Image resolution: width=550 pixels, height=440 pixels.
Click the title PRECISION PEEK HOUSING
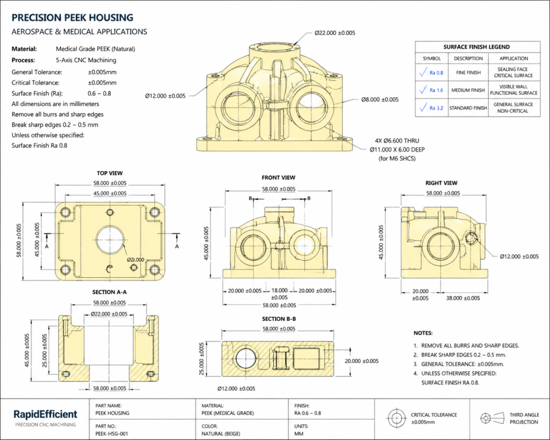point(72,18)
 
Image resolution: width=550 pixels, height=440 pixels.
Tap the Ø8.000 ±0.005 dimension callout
point(380,99)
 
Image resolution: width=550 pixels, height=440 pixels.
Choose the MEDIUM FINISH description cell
point(468,90)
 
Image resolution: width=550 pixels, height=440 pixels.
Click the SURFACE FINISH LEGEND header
point(476,47)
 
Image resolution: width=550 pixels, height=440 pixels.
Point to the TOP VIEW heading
point(110,173)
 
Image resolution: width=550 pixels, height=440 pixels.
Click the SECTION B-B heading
point(279,319)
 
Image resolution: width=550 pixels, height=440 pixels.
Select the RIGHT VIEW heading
point(441,183)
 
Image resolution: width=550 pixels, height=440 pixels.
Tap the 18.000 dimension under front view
point(279,291)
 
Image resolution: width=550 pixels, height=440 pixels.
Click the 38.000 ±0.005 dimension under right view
point(464,298)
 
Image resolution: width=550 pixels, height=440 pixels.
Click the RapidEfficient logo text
point(45,414)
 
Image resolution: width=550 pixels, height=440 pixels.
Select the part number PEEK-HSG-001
point(111,433)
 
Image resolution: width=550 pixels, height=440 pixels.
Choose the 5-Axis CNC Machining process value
point(86,60)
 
